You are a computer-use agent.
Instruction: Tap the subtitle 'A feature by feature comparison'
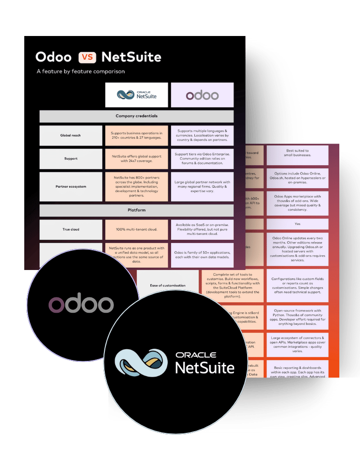coord(81,71)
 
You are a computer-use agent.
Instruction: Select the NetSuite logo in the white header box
coord(136,94)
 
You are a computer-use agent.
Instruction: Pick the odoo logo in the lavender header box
coord(202,95)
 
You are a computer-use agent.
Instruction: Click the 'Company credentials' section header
coord(136,116)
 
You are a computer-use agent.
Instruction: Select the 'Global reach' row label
coord(71,135)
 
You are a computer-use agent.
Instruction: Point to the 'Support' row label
coord(71,158)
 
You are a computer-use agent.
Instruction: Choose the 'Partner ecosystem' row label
coord(71,186)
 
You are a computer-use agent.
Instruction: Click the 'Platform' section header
coord(136,210)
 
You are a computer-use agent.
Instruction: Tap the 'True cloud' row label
coord(71,229)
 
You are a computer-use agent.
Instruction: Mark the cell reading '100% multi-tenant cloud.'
coord(136,229)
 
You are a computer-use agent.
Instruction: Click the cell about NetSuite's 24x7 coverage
coord(136,158)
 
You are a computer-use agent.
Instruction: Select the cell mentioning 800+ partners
coord(136,186)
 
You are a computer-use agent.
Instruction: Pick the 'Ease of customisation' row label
coord(167,285)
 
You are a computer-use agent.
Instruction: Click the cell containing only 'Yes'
coord(297,224)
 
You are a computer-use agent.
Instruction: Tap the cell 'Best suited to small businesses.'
coord(297,155)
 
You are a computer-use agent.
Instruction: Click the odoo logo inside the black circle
coord(81,305)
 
